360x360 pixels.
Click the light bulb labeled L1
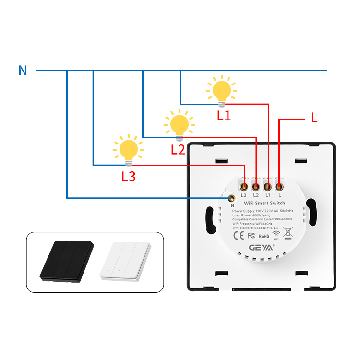[221, 91]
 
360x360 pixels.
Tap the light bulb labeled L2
[179, 124]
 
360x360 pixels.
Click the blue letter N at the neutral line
[23, 71]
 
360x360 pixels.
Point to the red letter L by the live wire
[314, 118]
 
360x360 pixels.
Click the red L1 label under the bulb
[224, 115]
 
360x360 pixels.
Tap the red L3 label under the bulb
[128, 177]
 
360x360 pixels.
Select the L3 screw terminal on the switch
[244, 185]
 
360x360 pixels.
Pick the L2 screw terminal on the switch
[256, 185]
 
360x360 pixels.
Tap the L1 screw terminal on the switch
[268, 185]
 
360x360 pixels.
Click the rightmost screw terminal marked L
[279, 185]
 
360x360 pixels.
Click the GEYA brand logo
[262, 248]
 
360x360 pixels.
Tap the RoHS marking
[264, 236]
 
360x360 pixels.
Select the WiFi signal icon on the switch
[276, 235]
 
